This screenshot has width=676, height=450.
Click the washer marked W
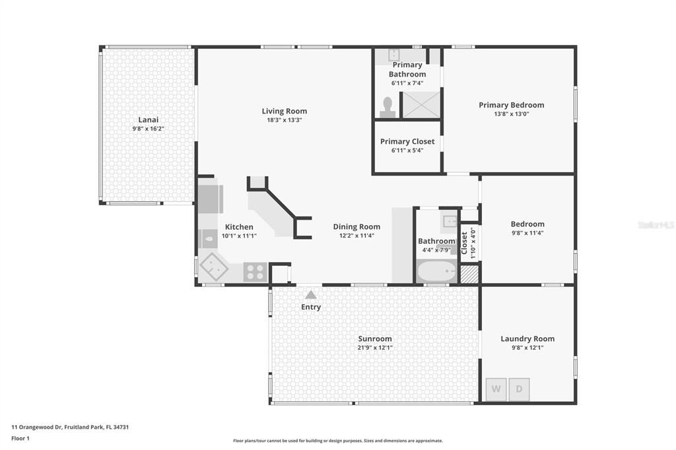coord(496,389)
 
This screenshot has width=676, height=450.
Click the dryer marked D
coord(519,389)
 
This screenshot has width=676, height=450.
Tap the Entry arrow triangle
coord(310,294)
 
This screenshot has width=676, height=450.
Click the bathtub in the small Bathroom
coord(436,271)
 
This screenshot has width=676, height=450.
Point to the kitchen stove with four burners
coord(255,271)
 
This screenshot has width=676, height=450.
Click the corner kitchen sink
coord(214,267)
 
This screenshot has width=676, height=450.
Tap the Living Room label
coord(284,111)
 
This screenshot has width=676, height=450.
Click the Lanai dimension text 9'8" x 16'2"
coord(148,129)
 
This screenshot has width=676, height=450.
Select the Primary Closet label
coord(407,141)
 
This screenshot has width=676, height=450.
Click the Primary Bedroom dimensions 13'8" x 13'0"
coord(511,114)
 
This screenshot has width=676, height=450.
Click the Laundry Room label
coord(527,338)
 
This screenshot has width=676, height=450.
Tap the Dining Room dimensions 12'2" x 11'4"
coord(356,236)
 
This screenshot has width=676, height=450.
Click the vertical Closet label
coord(464,243)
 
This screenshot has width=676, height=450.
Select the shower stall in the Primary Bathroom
coord(421,104)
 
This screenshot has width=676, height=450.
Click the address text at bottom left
coord(70,427)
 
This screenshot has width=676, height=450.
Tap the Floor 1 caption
coord(20,438)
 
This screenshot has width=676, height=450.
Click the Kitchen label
coord(239,227)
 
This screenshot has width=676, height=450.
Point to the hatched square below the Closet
coord(469,274)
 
